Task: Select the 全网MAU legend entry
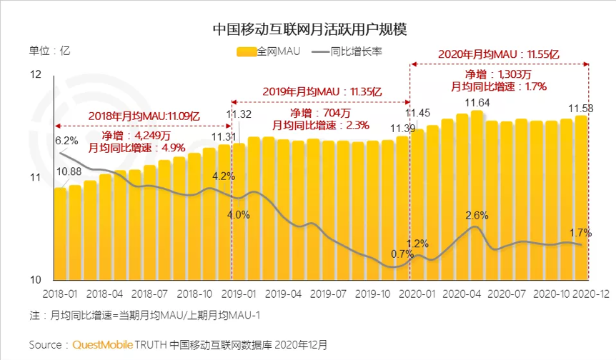[x=269, y=51]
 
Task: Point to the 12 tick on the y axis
[x=36, y=74]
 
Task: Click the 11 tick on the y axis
[x=36, y=177]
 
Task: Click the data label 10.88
[x=69, y=171]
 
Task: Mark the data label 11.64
[x=477, y=104]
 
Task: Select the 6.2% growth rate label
[x=66, y=140]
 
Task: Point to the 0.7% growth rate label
[x=402, y=254]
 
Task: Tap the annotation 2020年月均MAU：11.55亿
[x=498, y=54]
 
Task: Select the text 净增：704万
[x=320, y=113]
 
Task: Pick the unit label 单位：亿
[x=49, y=51]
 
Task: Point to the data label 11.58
[x=581, y=109]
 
